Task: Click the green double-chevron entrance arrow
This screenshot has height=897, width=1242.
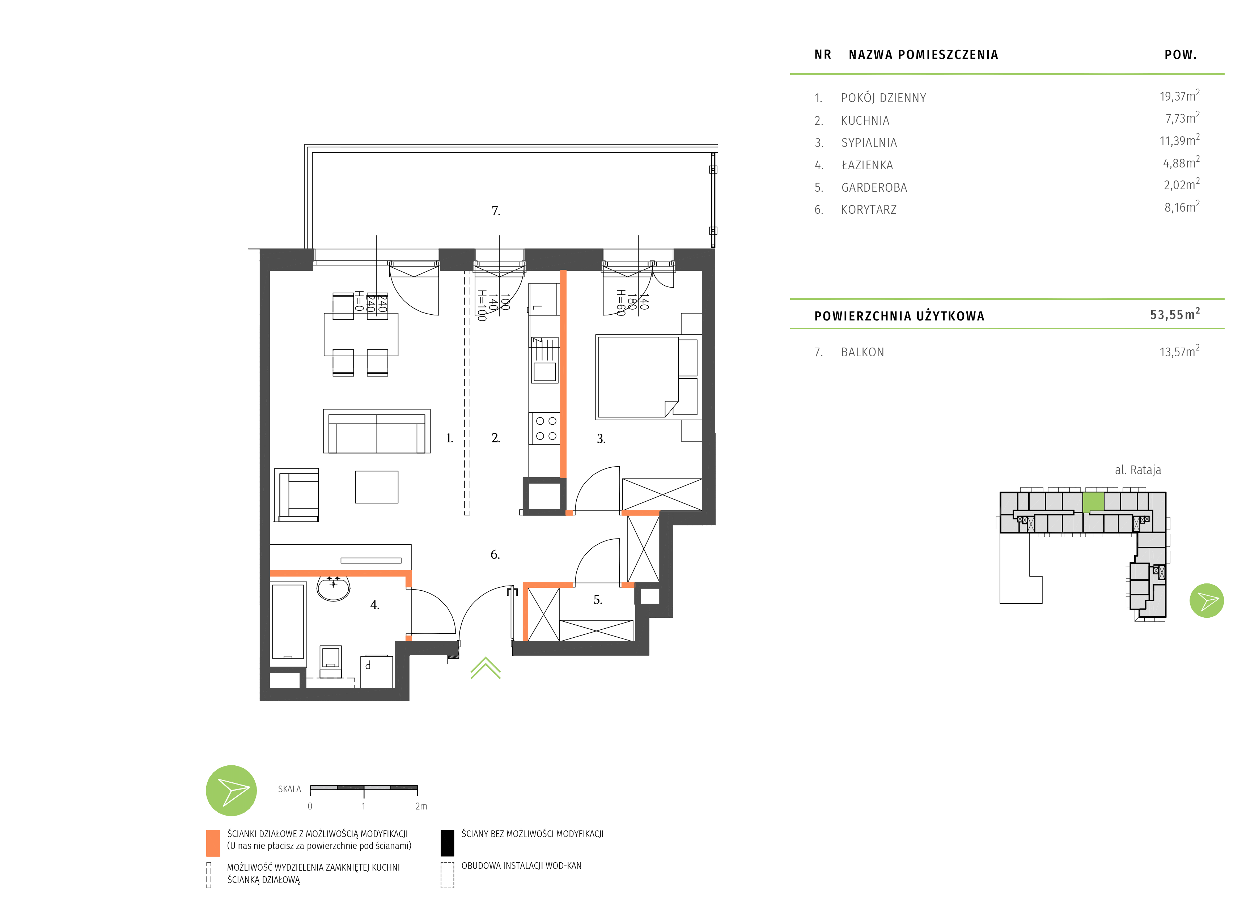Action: (485, 668)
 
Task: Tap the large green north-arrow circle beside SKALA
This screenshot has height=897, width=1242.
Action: (231, 790)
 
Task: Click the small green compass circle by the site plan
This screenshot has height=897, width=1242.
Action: (1207, 601)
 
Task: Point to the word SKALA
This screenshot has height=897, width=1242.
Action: (289, 789)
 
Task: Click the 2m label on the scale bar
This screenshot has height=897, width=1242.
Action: (420, 806)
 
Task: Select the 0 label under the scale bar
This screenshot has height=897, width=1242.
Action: (310, 806)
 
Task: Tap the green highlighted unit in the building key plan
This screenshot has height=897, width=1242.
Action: (1093, 502)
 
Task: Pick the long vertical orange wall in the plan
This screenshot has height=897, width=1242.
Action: (563, 374)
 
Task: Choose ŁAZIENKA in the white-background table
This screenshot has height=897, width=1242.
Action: (867, 165)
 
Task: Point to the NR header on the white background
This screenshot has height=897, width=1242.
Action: (823, 55)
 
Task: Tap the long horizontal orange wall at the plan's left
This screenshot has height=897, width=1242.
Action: (339, 573)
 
